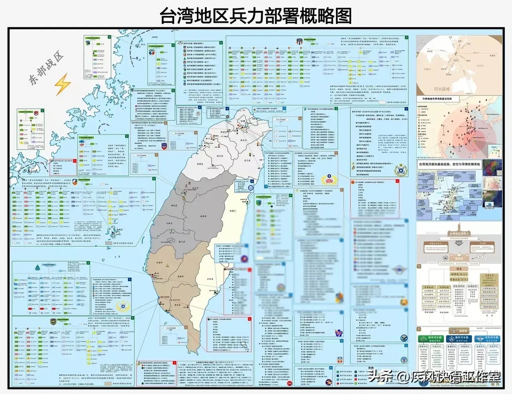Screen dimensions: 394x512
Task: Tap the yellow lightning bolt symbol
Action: click(x=62, y=84)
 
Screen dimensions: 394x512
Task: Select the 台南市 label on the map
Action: click(x=159, y=263)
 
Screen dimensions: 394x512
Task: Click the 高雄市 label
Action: click(x=180, y=277)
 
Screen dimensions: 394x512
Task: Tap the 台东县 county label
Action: click(x=210, y=279)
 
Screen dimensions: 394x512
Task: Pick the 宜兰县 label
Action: click(x=248, y=160)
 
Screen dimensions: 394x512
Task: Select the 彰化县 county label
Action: click(x=174, y=205)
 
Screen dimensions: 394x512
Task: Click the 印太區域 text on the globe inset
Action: click(x=442, y=89)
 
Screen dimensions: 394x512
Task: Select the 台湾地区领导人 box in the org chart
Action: click(x=459, y=234)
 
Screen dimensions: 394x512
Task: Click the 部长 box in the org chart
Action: click(x=459, y=268)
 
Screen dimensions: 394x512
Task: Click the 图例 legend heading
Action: click(x=371, y=368)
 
